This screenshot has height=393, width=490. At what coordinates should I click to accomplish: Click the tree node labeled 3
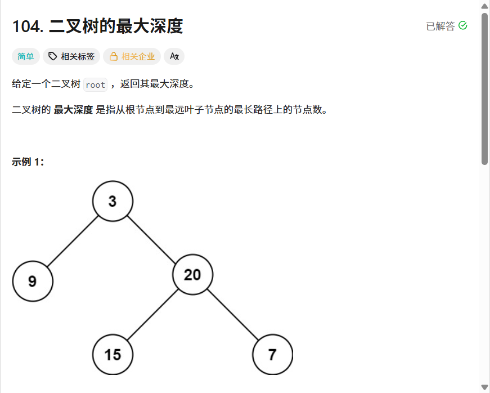point(113,201)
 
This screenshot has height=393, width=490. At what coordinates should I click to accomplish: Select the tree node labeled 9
point(33,280)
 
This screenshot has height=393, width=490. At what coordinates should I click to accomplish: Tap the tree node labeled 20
point(192,274)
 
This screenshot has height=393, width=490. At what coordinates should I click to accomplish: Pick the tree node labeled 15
point(113,354)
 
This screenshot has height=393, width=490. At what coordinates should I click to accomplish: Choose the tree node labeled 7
point(272,354)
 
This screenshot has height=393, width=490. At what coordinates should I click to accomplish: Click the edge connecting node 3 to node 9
point(73,240)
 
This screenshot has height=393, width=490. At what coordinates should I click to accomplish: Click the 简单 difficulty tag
point(26,56)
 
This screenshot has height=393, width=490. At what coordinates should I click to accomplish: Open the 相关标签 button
point(71,56)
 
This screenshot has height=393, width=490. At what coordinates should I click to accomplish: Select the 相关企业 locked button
point(132,56)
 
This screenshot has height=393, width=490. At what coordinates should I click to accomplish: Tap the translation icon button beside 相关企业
point(174,56)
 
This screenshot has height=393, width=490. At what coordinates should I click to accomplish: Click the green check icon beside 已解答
point(463,26)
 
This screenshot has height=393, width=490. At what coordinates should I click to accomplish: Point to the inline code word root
point(95,84)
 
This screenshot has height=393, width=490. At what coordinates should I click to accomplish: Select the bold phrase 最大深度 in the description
point(73,110)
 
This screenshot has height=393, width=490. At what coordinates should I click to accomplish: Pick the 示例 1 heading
point(28,162)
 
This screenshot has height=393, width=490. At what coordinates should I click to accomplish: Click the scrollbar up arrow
point(485,6)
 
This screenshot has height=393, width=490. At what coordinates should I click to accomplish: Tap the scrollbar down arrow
point(485,387)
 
